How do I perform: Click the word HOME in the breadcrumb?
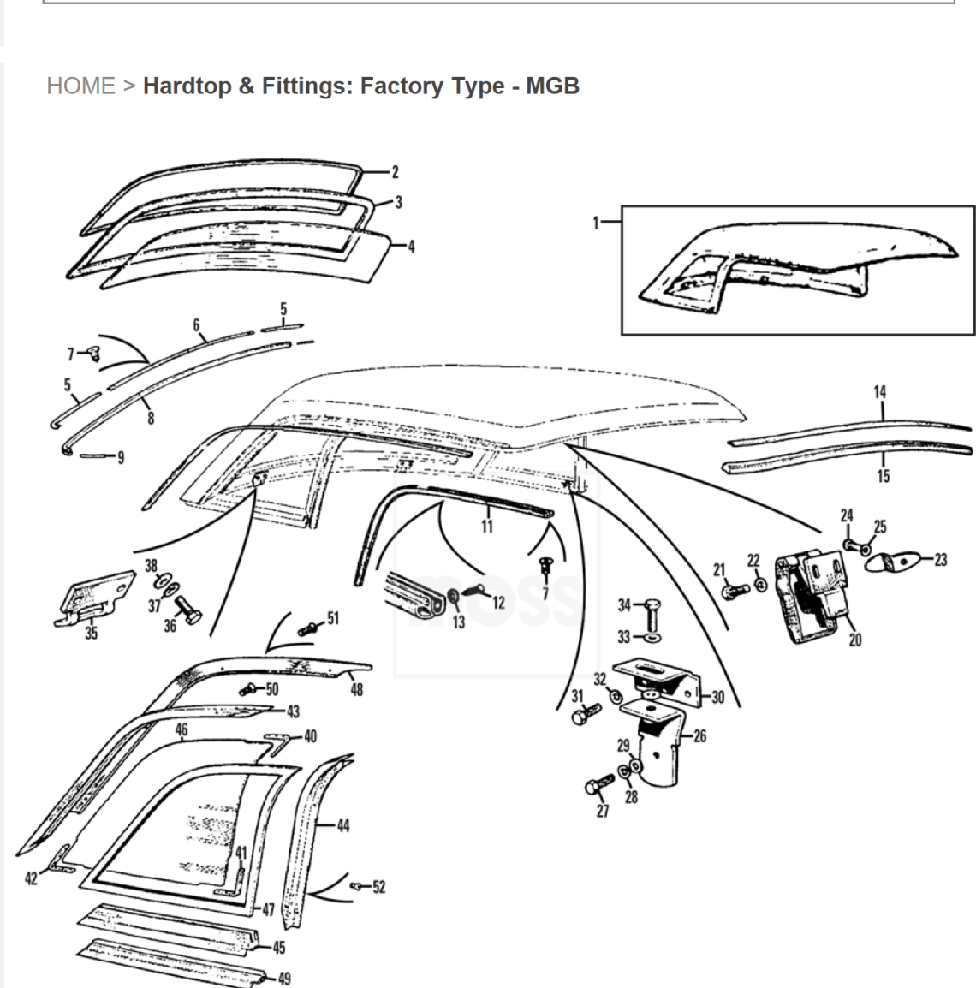(x=80, y=86)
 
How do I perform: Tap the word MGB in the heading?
(x=552, y=86)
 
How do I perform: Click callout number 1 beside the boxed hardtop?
(x=595, y=223)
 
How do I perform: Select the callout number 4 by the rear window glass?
(x=412, y=247)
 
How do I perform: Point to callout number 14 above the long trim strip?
(x=879, y=392)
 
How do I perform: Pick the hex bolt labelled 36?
(x=187, y=610)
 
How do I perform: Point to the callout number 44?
(x=343, y=825)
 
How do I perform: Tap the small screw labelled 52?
(x=357, y=887)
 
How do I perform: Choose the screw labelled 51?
(x=308, y=628)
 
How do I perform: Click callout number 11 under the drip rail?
(x=486, y=527)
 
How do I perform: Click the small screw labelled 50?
(x=248, y=690)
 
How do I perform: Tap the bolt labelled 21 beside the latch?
(x=735, y=591)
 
